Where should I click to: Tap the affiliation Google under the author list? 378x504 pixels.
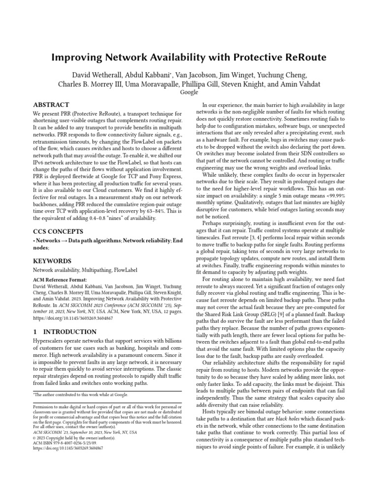point(189,92)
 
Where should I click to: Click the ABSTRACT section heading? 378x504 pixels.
point(50,105)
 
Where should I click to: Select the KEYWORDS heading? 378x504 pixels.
point(52,261)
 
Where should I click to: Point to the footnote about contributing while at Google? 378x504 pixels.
point(81,394)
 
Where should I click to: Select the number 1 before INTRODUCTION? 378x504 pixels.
point(35,332)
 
